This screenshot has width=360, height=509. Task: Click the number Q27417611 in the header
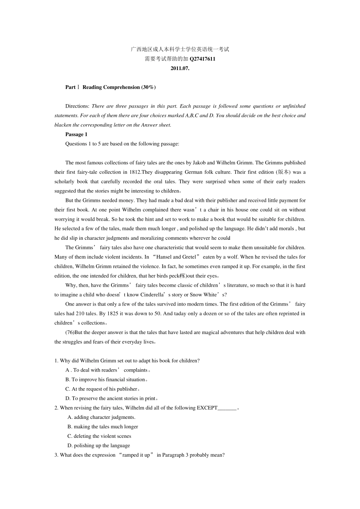[202, 59]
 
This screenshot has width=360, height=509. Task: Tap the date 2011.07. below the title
[180, 68]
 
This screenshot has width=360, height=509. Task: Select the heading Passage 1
[76, 134]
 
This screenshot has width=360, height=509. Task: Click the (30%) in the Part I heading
[149, 87]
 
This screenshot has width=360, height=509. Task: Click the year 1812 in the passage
[135, 172]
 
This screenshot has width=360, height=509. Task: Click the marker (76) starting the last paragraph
[70, 332]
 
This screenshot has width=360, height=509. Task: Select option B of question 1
[106, 379]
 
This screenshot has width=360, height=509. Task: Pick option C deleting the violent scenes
[99, 436]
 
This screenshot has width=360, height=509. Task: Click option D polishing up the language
[99, 445]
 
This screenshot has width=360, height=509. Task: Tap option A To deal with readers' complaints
[108, 370]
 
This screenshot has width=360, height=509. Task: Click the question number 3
[56, 455]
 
